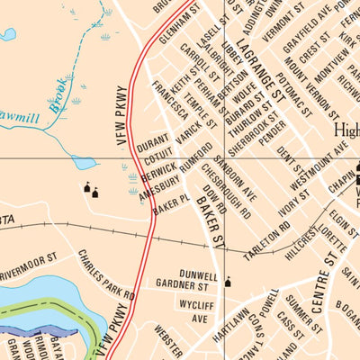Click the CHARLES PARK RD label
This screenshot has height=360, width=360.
[x=105, y=275]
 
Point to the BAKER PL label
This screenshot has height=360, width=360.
[x=171, y=203]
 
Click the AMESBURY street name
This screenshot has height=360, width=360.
[x=159, y=180]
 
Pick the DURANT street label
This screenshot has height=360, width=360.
[x=154, y=142]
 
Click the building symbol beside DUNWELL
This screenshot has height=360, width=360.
[x=227, y=282]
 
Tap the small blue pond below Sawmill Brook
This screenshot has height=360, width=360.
[x=83, y=163]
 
